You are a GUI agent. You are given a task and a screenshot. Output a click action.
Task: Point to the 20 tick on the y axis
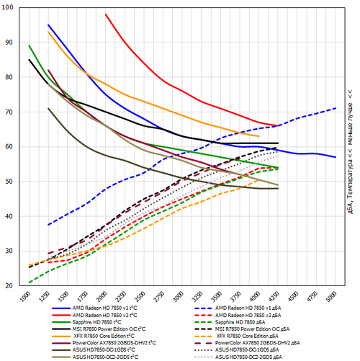point(9,285)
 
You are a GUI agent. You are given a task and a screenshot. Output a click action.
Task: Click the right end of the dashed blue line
point(336,108)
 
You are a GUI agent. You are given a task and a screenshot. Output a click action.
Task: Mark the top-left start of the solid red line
point(105,14)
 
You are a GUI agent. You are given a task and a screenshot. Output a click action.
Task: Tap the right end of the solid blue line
point(336,156)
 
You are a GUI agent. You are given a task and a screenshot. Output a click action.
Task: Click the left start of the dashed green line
point(29,282)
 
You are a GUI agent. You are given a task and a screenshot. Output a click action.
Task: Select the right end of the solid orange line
point(259,135)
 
